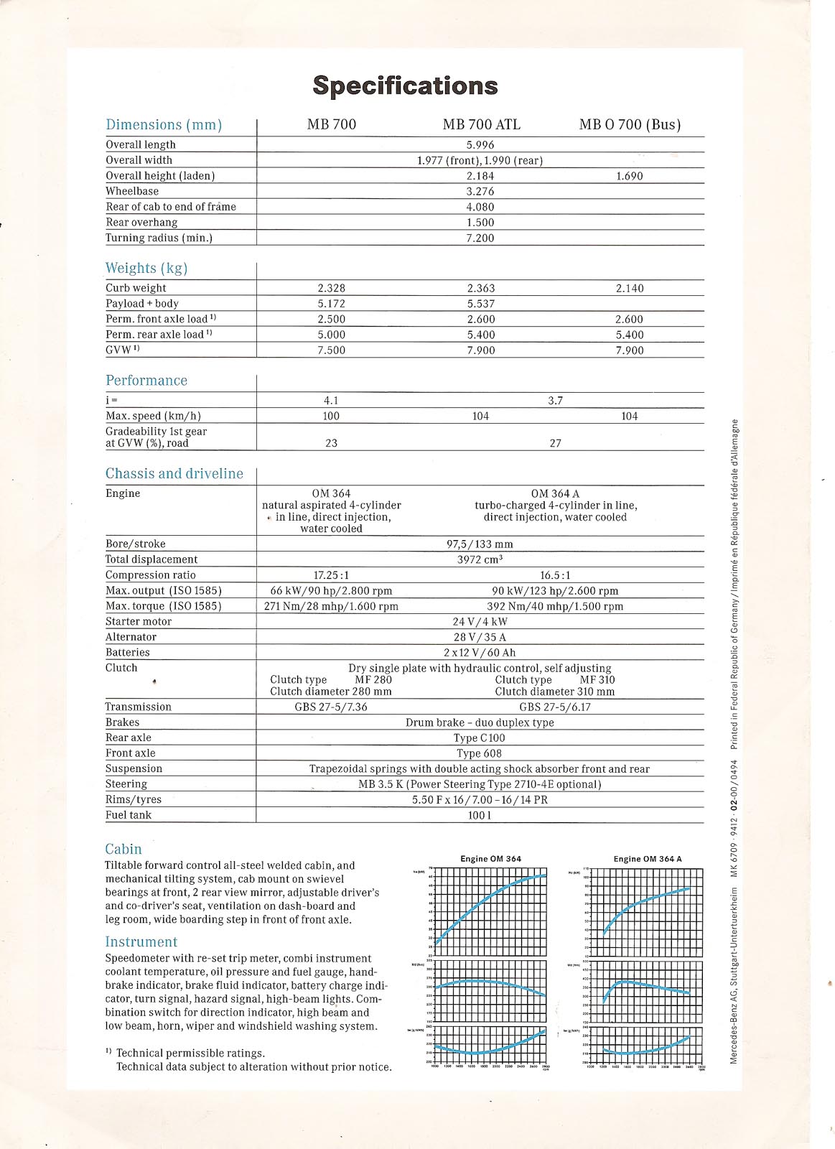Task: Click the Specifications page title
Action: click(405, 85)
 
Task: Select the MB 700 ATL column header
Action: click(481, 124)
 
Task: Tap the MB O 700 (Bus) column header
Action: click(630, 124)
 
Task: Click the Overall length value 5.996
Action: click(480, 144)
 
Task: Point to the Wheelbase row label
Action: click(132, 191)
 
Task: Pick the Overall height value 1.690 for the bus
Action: click(629, 176)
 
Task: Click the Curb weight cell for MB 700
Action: click(331, 288)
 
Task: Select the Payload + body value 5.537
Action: click(480, 304)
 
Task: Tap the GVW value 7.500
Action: click(331, 350)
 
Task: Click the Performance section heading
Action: click(146, 381)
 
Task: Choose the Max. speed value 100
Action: click(331, 416)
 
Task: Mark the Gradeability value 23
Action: click(331, 443)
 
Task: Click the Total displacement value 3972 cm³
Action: click(480, 559)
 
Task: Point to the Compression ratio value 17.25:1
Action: click(331, 575)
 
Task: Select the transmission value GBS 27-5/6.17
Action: click(555, 707)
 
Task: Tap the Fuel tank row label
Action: click(129, 815)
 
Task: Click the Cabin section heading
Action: click(123, 849)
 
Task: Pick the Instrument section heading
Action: click(141, 941)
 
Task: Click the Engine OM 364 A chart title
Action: click(647, 859)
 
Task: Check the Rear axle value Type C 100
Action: click(479, 738)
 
